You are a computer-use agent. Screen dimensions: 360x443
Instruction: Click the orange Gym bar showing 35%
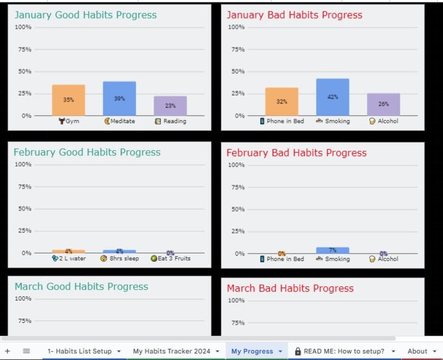[68, 100]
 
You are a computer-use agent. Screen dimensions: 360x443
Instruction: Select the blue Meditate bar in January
[119, 98]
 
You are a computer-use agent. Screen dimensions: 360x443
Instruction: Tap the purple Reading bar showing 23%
[170, 105]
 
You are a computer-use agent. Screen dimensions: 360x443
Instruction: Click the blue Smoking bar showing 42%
[333, 97]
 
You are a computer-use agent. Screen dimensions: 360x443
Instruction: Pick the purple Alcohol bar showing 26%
[383, 104]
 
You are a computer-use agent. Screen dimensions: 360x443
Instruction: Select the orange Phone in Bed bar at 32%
[282, 102]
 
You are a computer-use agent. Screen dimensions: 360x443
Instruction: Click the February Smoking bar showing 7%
[333, 251]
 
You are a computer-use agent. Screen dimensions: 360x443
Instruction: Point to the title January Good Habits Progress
[85, 15]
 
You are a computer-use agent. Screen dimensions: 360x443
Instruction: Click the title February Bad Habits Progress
[296, 153]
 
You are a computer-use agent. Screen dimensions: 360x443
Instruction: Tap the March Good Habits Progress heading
[81, 287]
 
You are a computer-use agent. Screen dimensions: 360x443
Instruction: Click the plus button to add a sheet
[7, 351]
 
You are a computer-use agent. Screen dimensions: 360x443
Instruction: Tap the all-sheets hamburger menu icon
[26, 351]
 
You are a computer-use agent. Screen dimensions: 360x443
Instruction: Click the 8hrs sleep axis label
[120, 259]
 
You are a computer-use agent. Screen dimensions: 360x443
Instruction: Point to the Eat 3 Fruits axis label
[171, 259]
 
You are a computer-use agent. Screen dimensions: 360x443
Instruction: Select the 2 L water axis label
[69, 259]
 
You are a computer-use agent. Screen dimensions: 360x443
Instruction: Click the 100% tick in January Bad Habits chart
[236, 27]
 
